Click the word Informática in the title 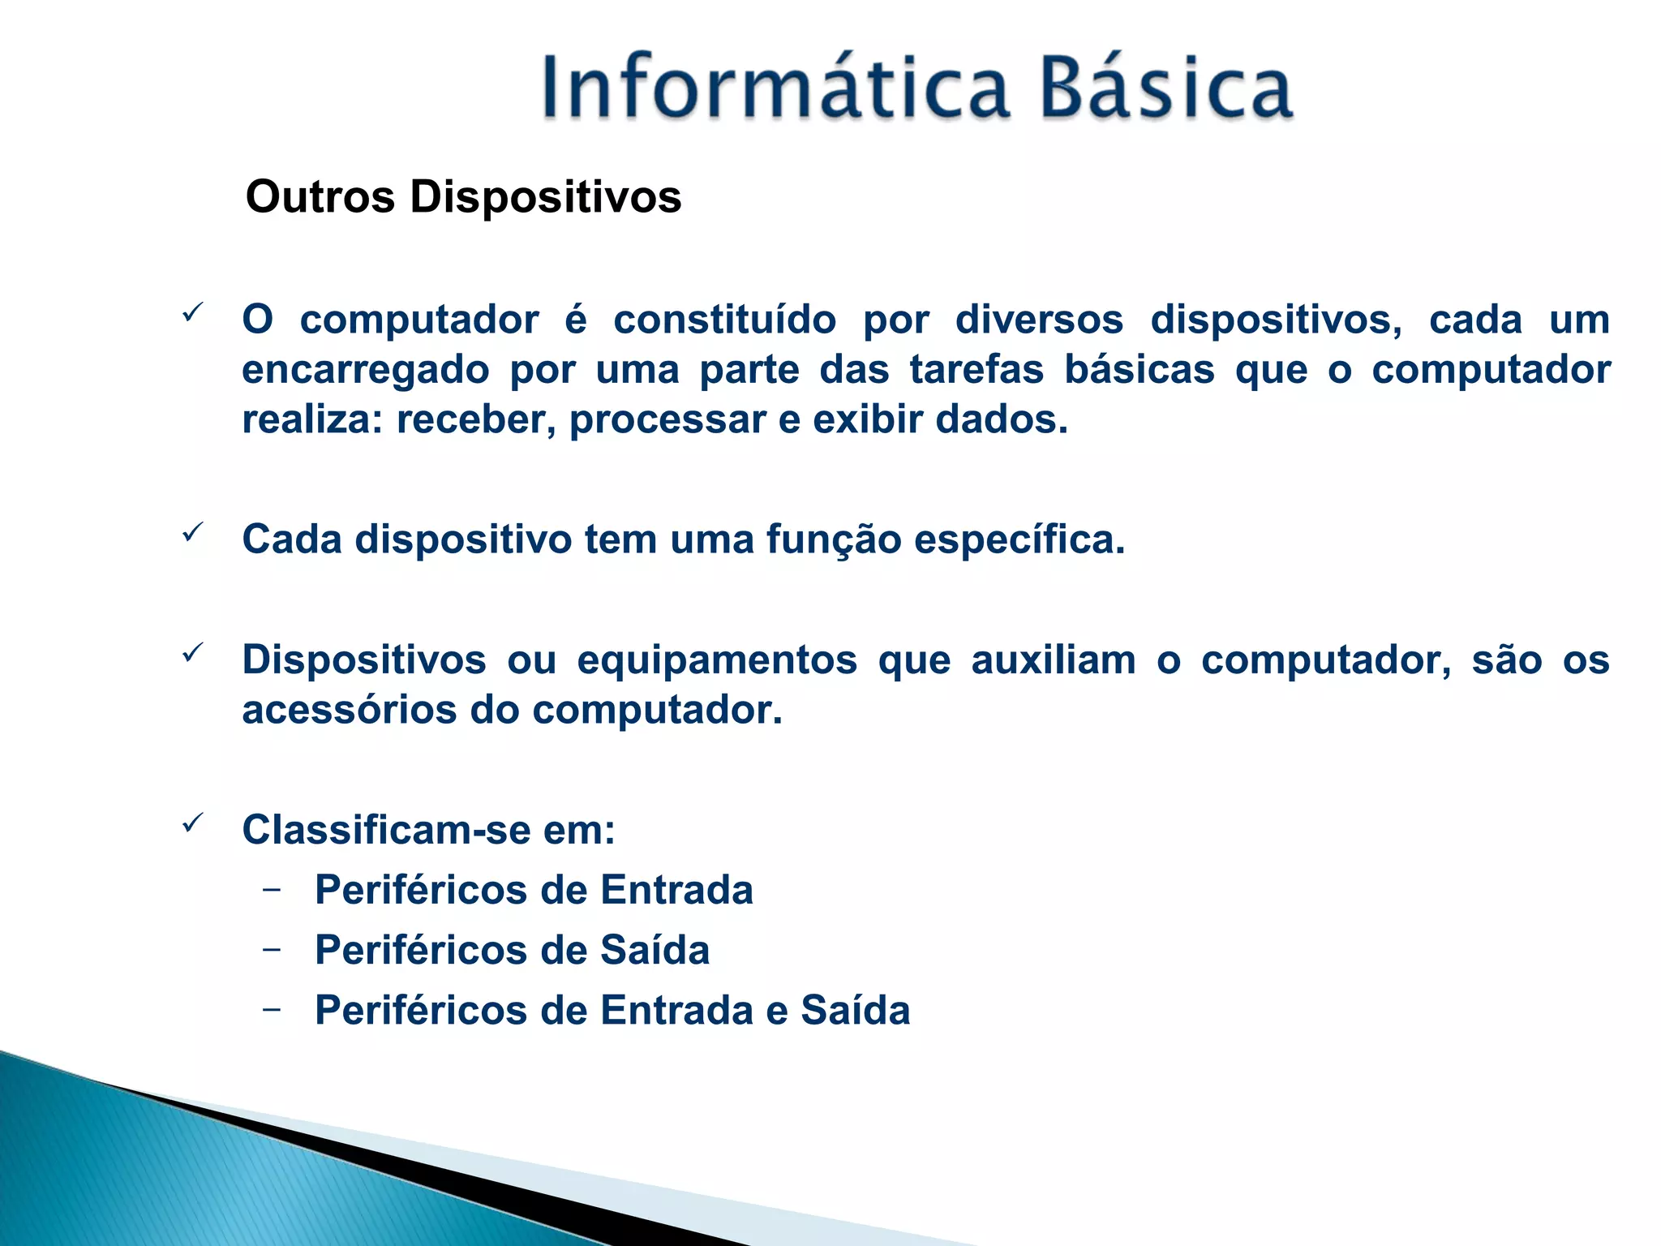(x=775, y=88)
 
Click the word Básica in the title (x=1165, y=88)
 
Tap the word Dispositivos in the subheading (x=545, y=197)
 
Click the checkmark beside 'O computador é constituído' (x=192, y=312)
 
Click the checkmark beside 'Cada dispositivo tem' (x=192, y=532)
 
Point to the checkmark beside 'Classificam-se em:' (x=192, y=823)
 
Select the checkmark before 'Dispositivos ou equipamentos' (x=192, y=652)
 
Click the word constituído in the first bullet (x=724, y=320)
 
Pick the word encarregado (x=365, y=371)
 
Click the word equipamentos (x=717, y=660)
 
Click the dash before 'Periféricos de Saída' (x=273, y=948)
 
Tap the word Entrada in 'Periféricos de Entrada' (x=676, y=890)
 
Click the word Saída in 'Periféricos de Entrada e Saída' (x=855, y=1011)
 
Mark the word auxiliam (x=1054, y=660)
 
